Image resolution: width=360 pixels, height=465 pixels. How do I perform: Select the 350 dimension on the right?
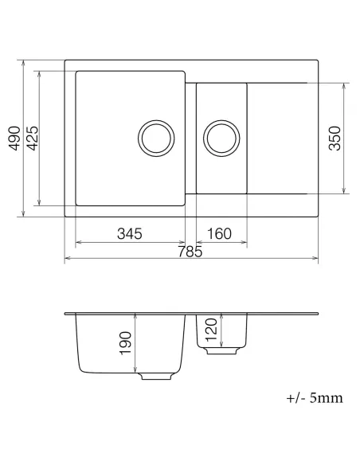coord(335,138)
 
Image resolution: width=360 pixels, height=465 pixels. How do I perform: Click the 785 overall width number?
coord(190,252)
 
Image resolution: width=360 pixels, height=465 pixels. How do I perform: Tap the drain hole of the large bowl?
coord(156,138)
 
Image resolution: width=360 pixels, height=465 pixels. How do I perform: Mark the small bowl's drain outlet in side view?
coord(227,351)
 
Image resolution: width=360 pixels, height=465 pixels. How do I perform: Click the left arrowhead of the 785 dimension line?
coord(66,259)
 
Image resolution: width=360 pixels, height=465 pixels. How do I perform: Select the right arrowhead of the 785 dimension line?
coord(315,259)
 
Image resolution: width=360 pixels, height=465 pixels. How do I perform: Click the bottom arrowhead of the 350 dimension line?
coord(343,191)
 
